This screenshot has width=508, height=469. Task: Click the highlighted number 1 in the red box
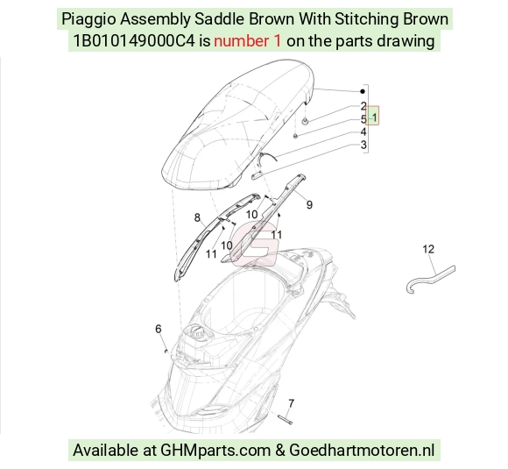pos(375,117)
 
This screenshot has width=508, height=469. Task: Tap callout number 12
pos(428,249)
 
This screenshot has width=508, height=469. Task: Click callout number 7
pos(292,403)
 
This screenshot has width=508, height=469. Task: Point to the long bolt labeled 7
pos(286,419)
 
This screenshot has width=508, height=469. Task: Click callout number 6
pos(159,329)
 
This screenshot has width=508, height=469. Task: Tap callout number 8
pos(197,217)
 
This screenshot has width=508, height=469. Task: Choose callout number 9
pos(309,204)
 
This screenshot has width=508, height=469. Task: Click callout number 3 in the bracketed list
pos(363,145)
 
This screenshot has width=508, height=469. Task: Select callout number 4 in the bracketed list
pos(363,131)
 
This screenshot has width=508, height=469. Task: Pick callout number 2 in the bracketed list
pos(363,106)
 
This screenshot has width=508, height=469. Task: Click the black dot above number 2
pos(363,91)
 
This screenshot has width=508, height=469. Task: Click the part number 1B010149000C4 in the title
pos(134,41)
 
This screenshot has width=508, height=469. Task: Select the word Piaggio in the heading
pos(88,19)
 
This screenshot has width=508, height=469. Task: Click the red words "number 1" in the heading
pos(248,41)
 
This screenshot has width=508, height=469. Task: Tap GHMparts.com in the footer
pos(215,451)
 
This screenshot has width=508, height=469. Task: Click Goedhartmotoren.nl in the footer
pos(362,451)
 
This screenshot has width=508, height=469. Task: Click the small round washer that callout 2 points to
pos(305,122)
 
